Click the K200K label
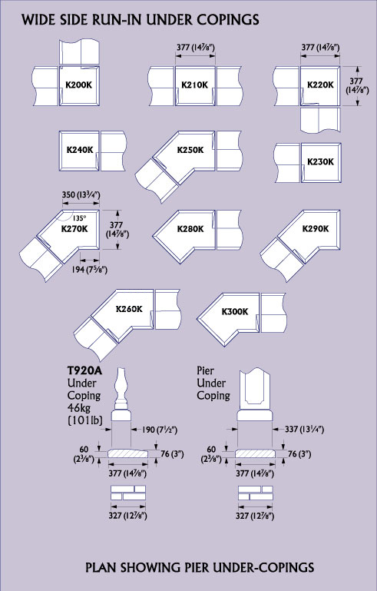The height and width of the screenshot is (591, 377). (x=79, y=85)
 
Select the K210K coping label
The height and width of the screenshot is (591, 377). (x=195, y=85)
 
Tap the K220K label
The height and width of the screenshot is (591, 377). (x=320, y=85)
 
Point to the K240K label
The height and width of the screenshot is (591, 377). (x=80, y=150)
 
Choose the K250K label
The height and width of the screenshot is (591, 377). (x=190, y=150)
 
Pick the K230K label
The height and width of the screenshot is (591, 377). (x=320, y=161)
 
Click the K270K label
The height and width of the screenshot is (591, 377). (x=74, y=228)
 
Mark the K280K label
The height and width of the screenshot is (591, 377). (x=190, y=229)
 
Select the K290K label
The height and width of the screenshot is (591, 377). (x=316, y=229)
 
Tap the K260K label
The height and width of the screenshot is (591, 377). (x=129, y=309)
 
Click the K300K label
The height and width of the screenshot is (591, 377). (x=235, y=312)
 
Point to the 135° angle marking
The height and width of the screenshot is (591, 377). (x=79, y=218)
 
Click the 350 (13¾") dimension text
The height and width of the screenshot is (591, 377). (x=81, y=195)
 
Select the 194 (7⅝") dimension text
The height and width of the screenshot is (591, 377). (x=90, y=270)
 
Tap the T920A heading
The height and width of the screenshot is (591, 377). (x=85, y=370)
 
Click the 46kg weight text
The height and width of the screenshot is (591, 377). (x=79, y=408)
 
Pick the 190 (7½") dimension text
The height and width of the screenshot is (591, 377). (x=159, y=430)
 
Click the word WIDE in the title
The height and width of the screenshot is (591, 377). (x=37, y=20)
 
